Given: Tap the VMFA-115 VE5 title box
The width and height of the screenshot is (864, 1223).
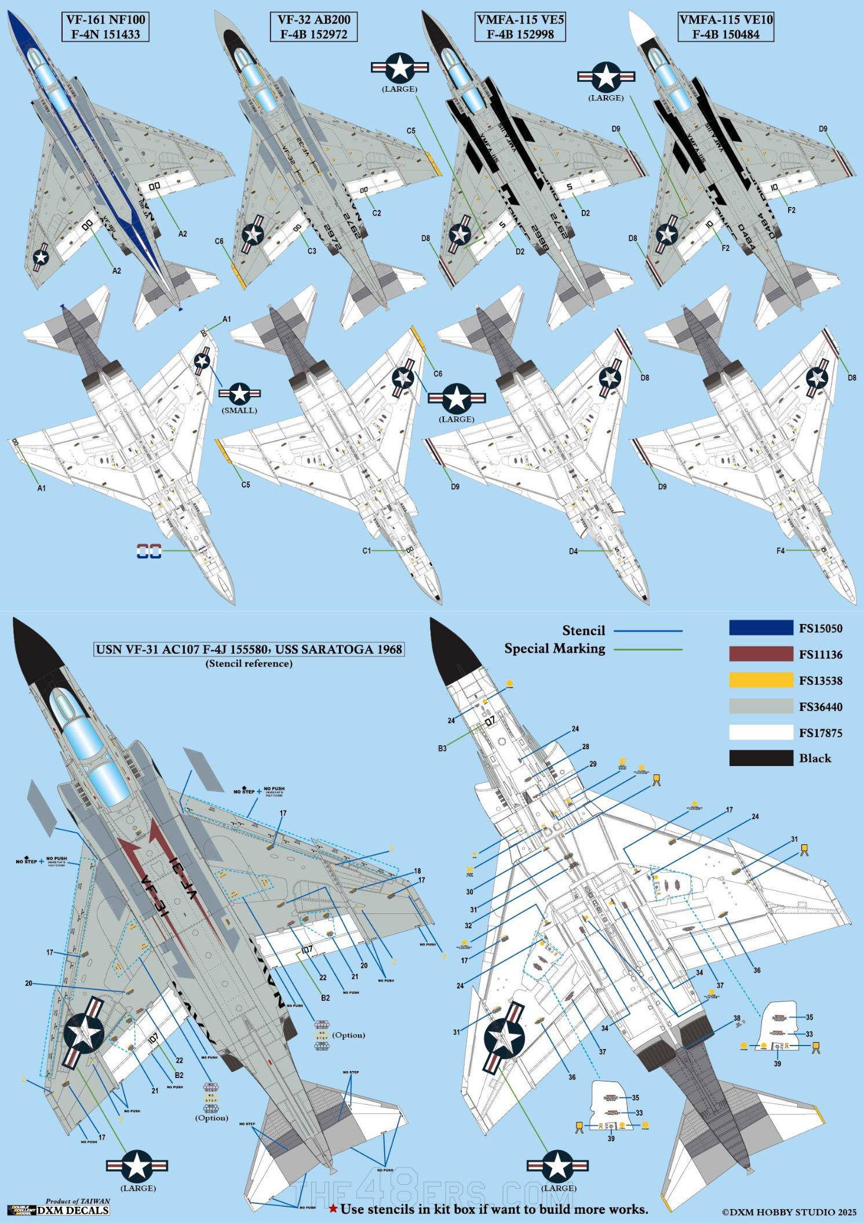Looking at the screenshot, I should (x=520, y=27).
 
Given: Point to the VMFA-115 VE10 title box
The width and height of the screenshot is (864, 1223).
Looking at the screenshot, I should (x=726, y=27).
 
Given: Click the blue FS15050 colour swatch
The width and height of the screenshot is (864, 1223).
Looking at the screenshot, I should (x=761, y=628).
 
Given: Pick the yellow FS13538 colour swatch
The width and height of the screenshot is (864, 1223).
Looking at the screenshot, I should (x=761, y=680).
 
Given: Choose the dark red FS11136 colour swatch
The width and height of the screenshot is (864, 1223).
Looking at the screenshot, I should (x=761, y=654).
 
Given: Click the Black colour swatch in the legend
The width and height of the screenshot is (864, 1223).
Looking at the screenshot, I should (x=761, y=758).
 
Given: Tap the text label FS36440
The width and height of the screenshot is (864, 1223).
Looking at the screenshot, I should (x=821, y=707).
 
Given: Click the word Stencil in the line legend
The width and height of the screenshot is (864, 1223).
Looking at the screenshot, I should (x=583, y=631).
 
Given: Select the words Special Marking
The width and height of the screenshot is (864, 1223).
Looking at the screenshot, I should (x=555, y=648).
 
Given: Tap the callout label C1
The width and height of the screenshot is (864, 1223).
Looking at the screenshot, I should (x=366, y=551).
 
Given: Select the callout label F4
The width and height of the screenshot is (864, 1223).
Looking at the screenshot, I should (x=781, y=551).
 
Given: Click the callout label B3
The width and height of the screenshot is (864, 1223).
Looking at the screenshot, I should (x=442, y=749).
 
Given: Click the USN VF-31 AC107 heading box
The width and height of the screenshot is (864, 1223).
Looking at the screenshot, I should (x=249, y=649).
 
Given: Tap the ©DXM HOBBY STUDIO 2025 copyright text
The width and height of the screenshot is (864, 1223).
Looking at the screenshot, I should (x=789, y=1212).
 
